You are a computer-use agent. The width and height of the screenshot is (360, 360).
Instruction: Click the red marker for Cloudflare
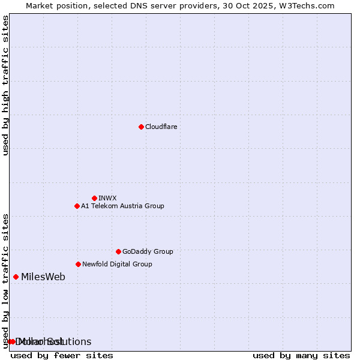(x=141, y=127)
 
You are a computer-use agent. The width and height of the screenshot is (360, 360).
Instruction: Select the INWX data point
(x=94, y=198)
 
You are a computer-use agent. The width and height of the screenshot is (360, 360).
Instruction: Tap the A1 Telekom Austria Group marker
(x=77, y=206)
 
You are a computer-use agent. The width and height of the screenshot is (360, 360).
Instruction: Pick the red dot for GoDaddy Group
(x=118, y=251)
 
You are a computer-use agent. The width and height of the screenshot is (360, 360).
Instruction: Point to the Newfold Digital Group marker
(x=78, y=264)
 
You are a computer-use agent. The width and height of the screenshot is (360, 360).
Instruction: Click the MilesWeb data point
(x=16, y=277)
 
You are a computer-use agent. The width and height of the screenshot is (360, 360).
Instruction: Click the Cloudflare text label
(x=161, y=127)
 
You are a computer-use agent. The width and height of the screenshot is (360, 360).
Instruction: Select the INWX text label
(x=107, y=198)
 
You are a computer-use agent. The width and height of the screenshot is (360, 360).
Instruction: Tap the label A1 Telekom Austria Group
(x=122, y=206)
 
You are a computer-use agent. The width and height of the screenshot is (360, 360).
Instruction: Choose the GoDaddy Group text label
(x=148, y=251)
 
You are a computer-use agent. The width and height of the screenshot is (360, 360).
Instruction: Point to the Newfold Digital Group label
(x=117, y=264)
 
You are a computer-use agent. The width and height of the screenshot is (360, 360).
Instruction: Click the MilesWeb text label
(x=43, y=277)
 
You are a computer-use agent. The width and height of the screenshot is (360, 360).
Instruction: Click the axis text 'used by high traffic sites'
(x=6, y=85)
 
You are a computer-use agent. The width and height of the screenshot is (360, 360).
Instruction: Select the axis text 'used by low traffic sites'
(x=6, y=280)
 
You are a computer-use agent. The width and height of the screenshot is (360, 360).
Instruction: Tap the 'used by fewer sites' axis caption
(x=62, y=355)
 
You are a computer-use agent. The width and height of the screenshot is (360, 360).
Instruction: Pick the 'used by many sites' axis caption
(x=301, y=355)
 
